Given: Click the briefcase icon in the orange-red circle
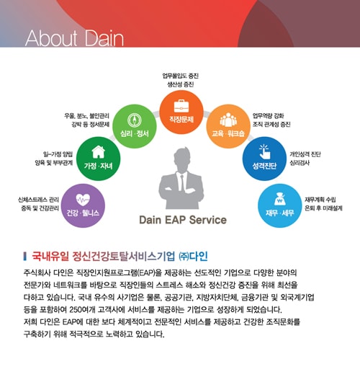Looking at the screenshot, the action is point(181,106).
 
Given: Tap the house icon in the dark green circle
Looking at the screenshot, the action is point(98,152).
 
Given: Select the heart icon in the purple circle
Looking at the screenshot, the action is point(83,200).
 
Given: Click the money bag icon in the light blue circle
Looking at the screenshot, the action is point(279,199).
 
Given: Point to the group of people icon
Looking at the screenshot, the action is point(228,120).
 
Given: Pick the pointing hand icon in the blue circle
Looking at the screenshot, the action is point(265,151).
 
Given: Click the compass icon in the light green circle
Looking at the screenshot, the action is point(134,120).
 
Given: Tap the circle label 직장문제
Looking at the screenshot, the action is point(181,120).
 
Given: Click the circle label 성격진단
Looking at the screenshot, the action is point(264,166).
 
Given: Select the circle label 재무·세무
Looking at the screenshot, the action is point(279,213).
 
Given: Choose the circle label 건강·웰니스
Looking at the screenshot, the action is point(83,213).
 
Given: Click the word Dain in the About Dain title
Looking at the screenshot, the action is point(104,38).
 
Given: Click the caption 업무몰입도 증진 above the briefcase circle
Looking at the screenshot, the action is point(181,76).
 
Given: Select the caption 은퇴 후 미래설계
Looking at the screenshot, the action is point(323,208).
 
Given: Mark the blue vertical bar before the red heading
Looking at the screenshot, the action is point(24,256).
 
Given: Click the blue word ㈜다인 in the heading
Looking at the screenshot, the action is point(193,257).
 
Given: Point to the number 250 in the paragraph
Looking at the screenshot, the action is point(76,309).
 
